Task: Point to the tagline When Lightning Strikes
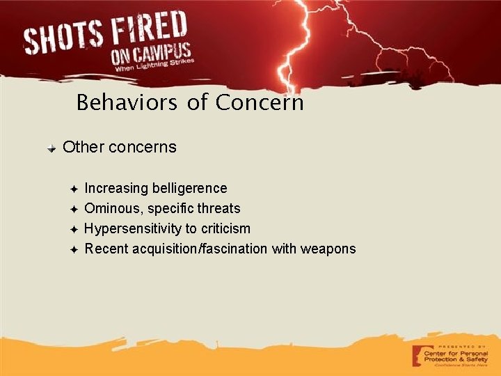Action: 153,66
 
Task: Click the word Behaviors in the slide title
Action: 128,103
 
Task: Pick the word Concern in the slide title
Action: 260,103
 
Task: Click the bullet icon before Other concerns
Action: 52,148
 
